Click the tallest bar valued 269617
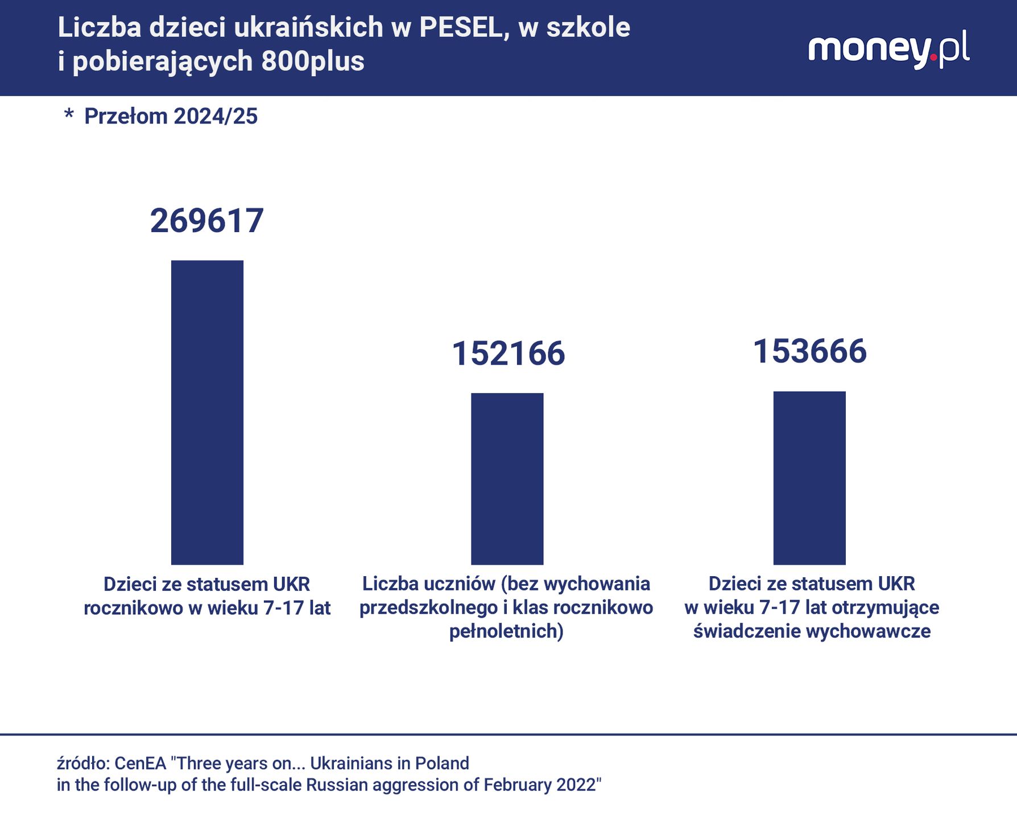click(207, 412)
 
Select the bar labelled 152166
click(507, 478)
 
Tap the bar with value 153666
click(809, 478)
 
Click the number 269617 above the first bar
click(207, 221)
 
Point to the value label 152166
click(508, 353)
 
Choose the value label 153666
click(809, 351)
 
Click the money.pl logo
click(888, 50)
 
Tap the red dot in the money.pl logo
click(933, 57)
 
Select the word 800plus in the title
click(313, 61)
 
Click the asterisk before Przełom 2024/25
click(69, 115)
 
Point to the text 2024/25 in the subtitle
click(216, 117)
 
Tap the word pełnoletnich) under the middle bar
click(506, 631)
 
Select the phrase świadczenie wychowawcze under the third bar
click(812, 631)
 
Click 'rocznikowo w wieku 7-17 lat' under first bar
click(207, 608)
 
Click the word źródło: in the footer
click(82, 763)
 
